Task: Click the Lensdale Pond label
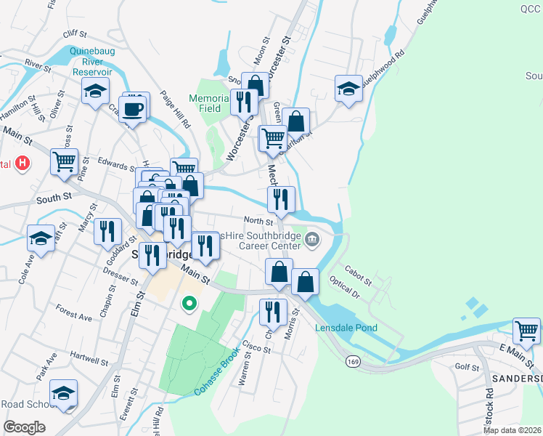click(346, 328)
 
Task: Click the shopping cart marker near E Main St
click(527, 331)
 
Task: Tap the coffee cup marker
click(133, 110)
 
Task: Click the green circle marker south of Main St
click(189, 303)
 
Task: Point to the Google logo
click(24, 427)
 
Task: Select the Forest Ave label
click(74, 316)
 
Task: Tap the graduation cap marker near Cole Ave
click(41, 238)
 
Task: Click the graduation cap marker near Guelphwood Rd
click(348, 88)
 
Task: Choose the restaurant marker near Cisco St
click(272, 312)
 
